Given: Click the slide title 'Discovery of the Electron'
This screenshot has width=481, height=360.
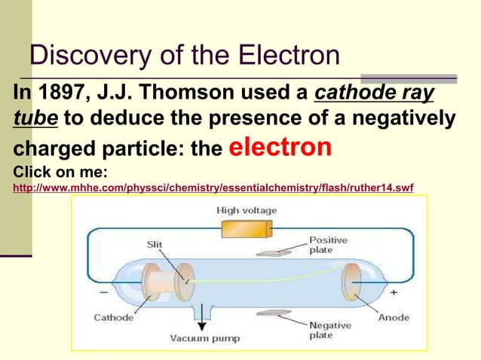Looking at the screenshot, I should click(184, 55).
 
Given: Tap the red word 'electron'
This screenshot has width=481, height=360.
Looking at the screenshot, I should click(279, 146).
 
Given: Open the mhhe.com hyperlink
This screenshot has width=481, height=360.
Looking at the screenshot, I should click(213, 186).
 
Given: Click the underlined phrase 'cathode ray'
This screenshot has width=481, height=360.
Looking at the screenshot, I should click(374, 93).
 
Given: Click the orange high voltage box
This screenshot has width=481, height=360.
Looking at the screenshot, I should click(247, 228).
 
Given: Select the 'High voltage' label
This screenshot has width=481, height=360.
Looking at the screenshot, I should click(247, 210).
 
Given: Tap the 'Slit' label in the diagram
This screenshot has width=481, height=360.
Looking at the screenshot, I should click(154, 244).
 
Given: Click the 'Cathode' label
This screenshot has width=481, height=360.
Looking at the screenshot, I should click(113, 318).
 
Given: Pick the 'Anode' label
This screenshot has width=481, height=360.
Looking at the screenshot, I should click(392, 318).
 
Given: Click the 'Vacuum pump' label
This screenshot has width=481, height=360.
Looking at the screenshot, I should click(204, 338).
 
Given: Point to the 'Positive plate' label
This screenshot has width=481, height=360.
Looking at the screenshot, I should click(328, 245).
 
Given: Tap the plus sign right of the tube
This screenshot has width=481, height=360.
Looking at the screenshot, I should click(394, 291).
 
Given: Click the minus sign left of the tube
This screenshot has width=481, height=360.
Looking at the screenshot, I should click(103, 291).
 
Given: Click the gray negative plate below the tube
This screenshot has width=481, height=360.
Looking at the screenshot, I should click(274, 316).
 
